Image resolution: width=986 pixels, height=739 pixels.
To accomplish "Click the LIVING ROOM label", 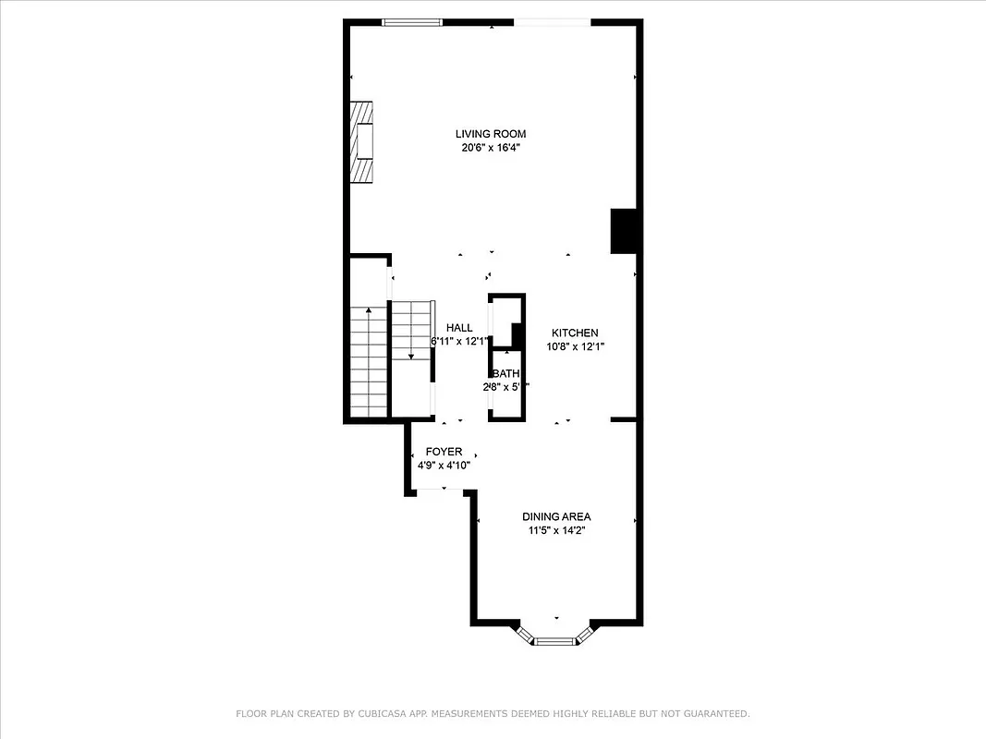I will tap(490, 134).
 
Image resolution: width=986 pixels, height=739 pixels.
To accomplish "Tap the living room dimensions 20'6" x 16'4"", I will tap(490, 148).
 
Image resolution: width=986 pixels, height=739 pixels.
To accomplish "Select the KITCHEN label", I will tap(575, 333).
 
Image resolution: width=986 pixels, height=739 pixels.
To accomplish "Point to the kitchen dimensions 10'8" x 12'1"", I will tap(575, 347).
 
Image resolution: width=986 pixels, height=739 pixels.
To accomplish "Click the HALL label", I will tap(459, 328).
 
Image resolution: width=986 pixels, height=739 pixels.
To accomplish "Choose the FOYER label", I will tap(444, 452).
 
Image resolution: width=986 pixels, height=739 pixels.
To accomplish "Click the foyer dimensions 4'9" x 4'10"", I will tap(444, 466).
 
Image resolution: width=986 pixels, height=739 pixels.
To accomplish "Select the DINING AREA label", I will tap(556, 516).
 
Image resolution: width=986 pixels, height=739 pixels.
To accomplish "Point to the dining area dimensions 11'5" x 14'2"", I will tap(556, 530).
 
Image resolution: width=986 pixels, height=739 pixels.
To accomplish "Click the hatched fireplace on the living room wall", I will tap(362, 142).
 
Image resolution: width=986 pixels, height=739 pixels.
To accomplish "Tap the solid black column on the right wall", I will tap(625, 231).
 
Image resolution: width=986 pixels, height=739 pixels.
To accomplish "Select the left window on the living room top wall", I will tap(411, 22).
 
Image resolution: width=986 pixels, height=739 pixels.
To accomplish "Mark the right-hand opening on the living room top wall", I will tap(552, 22).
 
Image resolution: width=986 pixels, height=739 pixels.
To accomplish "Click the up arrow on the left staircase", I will tap(369, 311).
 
